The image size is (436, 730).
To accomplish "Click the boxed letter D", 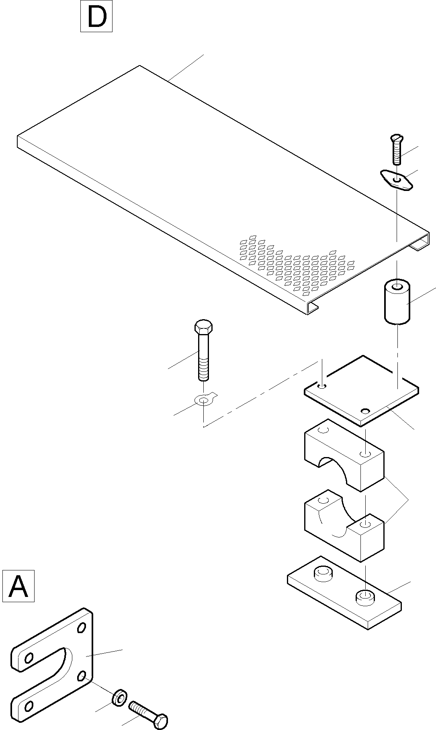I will click(x=96, y=16).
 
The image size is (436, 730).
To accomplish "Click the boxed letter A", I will click(x=18, y=586).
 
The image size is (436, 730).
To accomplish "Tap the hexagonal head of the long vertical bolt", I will click(x=204, y=326).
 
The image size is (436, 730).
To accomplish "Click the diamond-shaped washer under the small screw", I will click(x=397, y=180).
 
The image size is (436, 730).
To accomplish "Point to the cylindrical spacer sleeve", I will click(x=397, y=302).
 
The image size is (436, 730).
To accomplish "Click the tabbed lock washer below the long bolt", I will click(x=204, y=400).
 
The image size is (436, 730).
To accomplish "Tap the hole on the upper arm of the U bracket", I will click(x=29, y=658).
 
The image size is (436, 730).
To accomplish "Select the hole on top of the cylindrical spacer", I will click(x=397, y=287).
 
